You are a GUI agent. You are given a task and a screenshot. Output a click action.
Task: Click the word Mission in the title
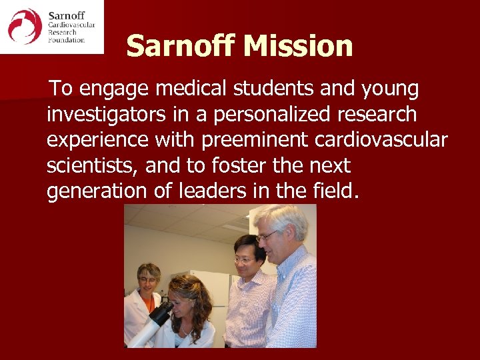coord(298,47)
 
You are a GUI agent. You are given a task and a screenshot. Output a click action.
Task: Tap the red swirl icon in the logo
coord(25,27)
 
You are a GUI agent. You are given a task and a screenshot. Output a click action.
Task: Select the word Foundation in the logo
coord(66,40)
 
